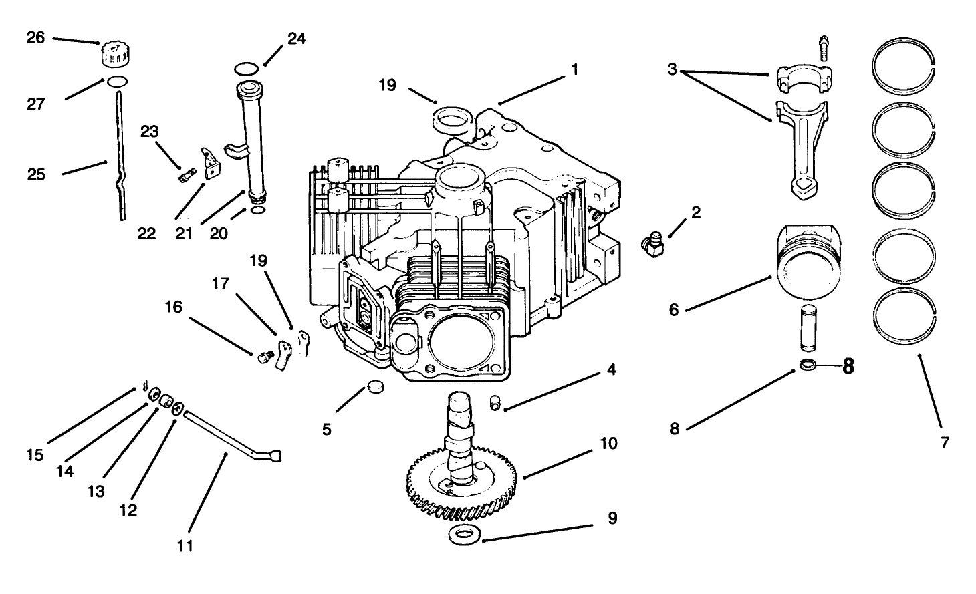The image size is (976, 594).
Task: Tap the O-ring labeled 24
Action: click(247, 69)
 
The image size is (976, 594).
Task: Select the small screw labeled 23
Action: click(186, 176)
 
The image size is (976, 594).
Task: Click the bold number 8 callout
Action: click(848, 366)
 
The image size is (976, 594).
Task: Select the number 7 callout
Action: click(944, 442)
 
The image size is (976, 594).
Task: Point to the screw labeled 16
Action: click(264, 357)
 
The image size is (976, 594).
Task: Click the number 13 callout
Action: click(96, 491)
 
